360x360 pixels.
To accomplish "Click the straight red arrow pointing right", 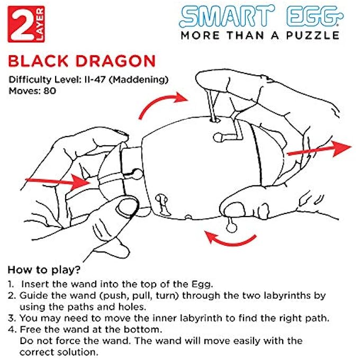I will click(x=318, y=149).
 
